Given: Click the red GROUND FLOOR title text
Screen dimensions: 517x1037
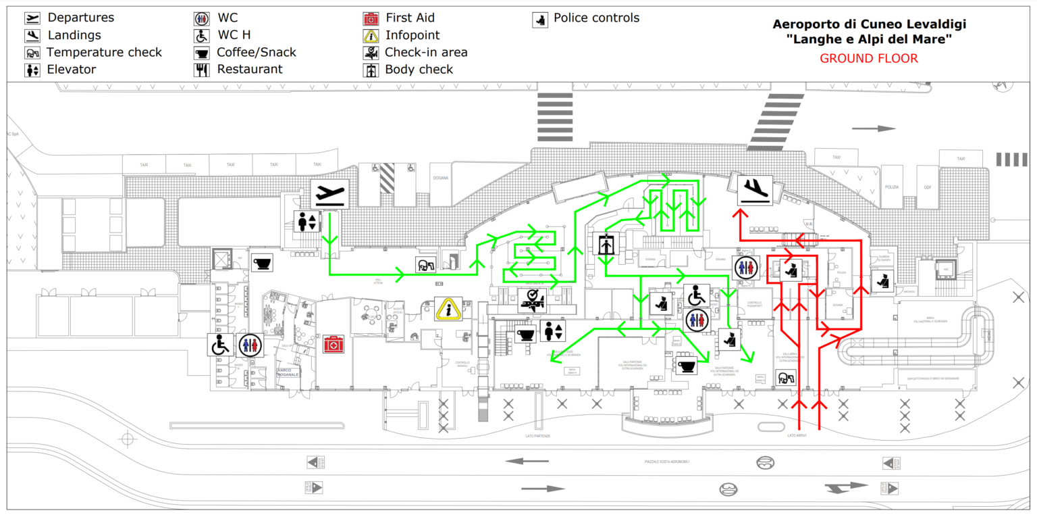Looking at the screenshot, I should tap(869, 59).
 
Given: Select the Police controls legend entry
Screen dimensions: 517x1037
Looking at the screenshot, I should tap(595, 18).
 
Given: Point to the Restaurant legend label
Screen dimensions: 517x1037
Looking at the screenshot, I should tap(249, 69).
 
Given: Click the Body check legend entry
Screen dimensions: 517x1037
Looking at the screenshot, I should tap(419, 69).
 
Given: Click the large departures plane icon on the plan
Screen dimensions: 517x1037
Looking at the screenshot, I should tap(329, 194).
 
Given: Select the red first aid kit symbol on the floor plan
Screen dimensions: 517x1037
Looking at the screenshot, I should tap(332, 345).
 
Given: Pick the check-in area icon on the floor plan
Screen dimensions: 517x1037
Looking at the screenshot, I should tap(532, 301).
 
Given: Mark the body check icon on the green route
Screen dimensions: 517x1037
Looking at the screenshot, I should tap(606, 244).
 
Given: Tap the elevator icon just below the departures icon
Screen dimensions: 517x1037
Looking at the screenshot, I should tap(308, 222).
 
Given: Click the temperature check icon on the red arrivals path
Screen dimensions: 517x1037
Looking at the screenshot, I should tap(786, 379).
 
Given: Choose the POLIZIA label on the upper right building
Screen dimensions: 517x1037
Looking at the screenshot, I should tap(890, 187).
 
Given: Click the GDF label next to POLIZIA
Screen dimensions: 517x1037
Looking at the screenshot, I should tap(928, 187).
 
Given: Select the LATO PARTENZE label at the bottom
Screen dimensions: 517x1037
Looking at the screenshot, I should tap(537, 437).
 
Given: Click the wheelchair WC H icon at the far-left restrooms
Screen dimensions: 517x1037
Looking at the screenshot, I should tap(220, 345).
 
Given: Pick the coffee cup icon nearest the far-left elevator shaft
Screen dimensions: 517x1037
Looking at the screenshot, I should tap(262, 263).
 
